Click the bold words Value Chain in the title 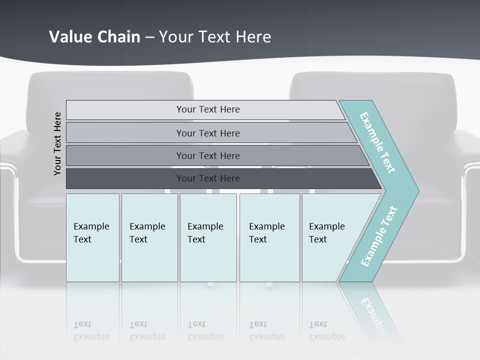[x=94, y=37]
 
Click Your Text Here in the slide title [x=215, y=37]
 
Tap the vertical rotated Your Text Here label [x=57, y=143]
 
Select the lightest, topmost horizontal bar [x=207, y=109]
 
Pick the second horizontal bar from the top [x=207, y=133]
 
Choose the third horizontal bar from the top [x=207, y=155]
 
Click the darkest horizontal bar [x=207, y=178]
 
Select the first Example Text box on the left [x=92, y=237]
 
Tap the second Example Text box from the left [x=149, y=237]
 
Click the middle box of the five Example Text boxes [x=208, y=237]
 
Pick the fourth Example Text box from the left [x=269, y=237]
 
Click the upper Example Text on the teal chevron [x=377, y=142]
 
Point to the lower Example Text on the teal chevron [x=379, y=236]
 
